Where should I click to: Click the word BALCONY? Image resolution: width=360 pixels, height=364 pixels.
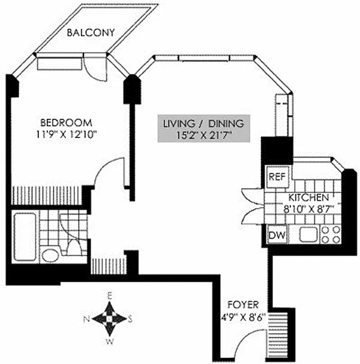click(x=91, y=32)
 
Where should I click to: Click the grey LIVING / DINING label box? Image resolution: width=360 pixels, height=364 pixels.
click(x=204, y=130)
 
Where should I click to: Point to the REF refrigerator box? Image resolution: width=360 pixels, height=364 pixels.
click(x=276, y=177)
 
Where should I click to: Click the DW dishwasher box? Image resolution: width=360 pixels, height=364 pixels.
click(x=276, y=235)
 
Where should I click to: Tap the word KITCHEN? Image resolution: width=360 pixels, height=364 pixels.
click(x=308, y=198)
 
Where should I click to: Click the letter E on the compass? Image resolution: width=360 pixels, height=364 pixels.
click(x=110, y=296)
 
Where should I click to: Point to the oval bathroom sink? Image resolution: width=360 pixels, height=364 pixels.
click(x=50, y=256)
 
